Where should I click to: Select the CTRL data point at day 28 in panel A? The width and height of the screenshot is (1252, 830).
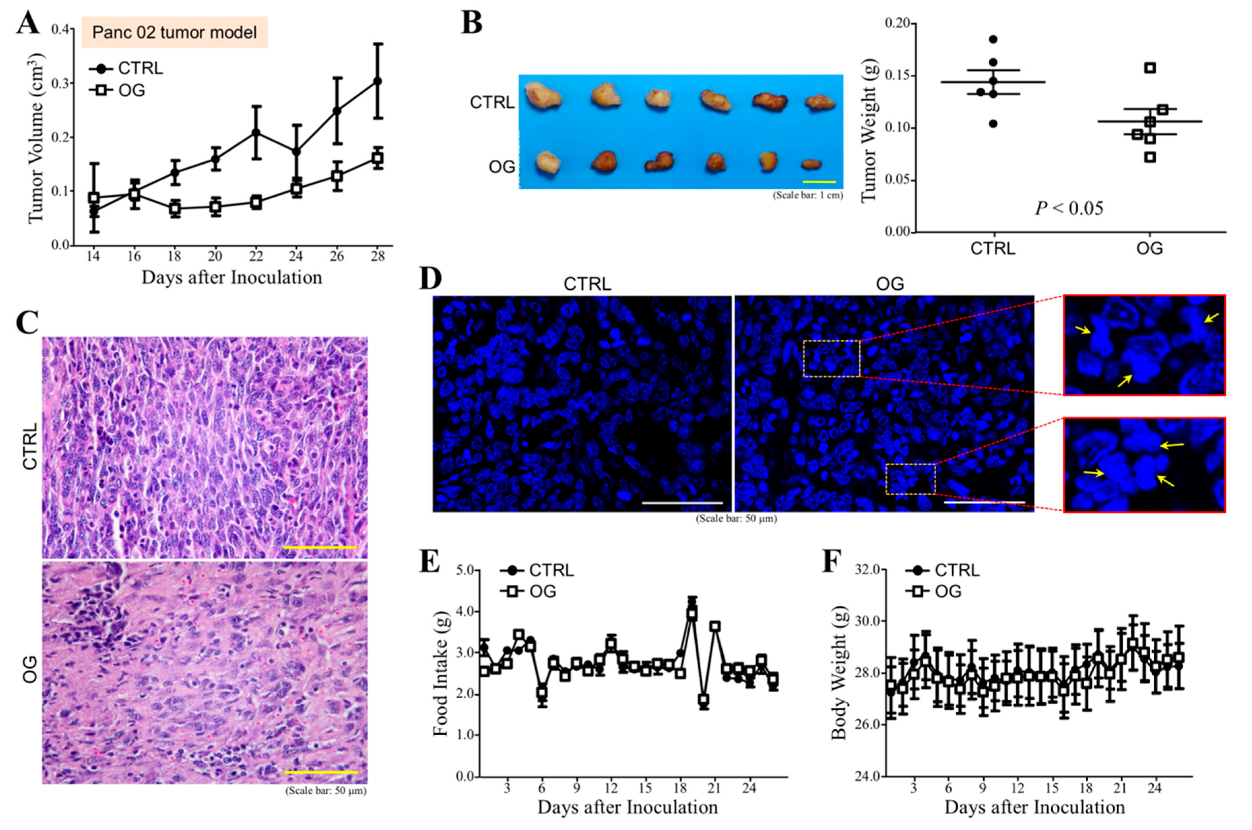pos(377,81)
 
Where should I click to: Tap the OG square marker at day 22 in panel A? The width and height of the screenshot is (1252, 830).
pos(256,202)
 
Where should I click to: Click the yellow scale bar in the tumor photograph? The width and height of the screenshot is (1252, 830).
pos(819,182)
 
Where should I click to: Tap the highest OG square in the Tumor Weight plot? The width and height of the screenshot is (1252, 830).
pos(1149,68)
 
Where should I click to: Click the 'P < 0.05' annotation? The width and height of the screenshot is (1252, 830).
pos(1069,209)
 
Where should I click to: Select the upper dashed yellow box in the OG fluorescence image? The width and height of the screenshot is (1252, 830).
pos(831,358)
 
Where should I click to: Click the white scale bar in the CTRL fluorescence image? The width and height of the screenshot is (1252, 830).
pos(682,502)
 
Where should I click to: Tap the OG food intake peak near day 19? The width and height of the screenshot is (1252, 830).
pos(692,614)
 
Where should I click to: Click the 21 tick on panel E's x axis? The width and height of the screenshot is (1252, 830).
pos(715,787)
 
